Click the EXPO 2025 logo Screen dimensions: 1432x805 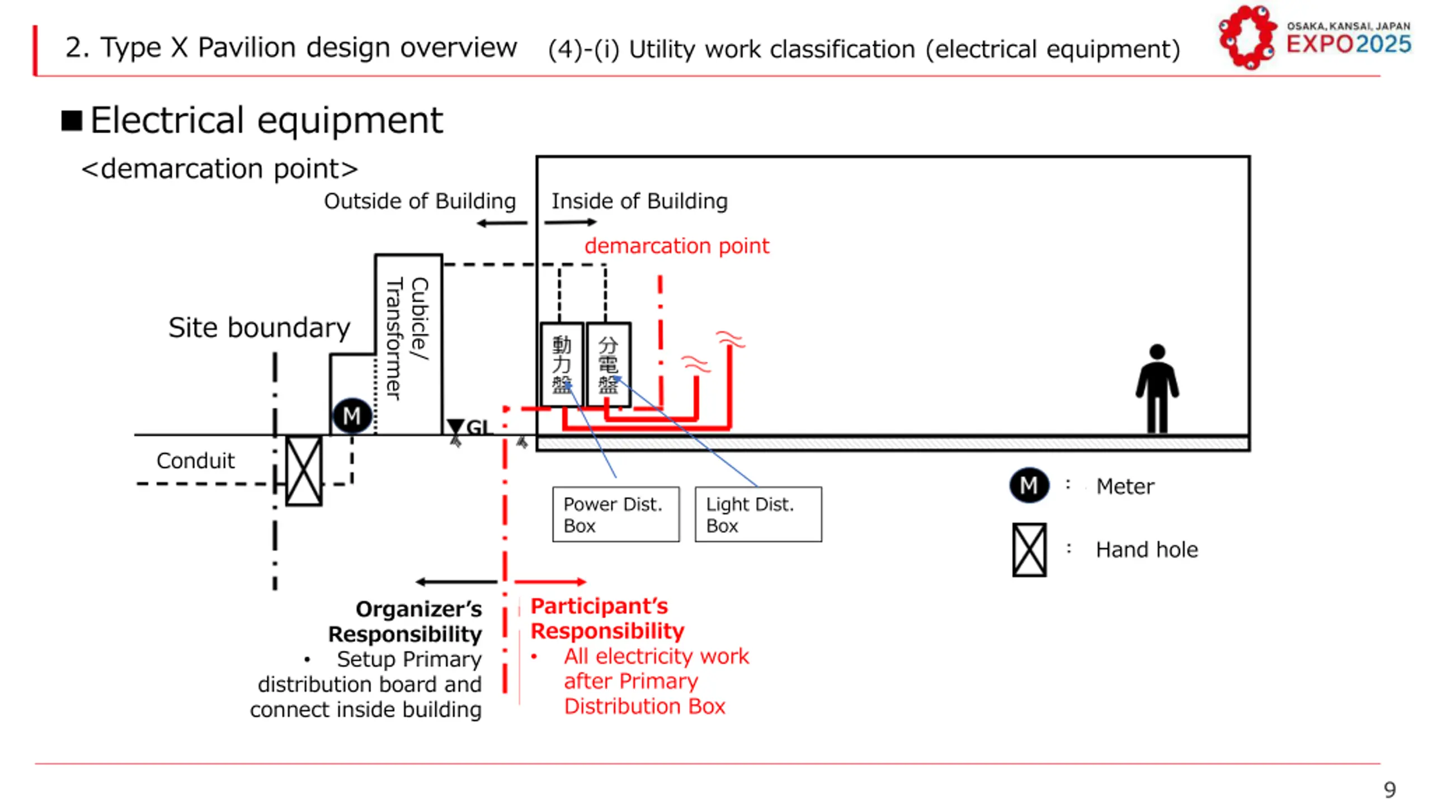1315,37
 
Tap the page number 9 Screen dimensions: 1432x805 1389,789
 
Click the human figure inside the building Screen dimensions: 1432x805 1157,389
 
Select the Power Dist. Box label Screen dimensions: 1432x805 616,514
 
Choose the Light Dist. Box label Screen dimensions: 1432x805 759,514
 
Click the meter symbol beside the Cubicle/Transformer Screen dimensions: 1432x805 352,416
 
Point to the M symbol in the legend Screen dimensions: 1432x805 1029,485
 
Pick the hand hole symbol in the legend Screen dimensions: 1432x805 1029,550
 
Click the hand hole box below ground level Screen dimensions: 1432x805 304,471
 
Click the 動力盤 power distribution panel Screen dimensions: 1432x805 562,364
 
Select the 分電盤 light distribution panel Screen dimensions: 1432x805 609,364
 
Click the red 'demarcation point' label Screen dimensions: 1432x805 677,246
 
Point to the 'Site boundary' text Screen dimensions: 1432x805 259,328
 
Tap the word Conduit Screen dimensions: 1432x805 196,461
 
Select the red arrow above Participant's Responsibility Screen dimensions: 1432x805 550,582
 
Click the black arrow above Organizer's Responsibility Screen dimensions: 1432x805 456,582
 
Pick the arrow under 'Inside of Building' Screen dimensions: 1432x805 571,222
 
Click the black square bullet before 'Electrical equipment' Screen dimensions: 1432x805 72,120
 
